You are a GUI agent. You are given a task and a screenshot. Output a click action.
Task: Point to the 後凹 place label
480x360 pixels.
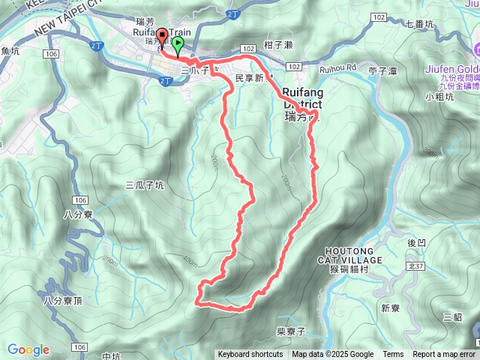click(x=416, y=243)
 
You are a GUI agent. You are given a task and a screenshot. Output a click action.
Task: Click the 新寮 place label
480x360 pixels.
click(x=390, y=308)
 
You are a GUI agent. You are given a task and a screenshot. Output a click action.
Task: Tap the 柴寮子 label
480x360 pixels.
click(x=289, y=330)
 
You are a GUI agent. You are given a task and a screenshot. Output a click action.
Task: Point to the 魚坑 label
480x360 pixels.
click(x=10, y=51)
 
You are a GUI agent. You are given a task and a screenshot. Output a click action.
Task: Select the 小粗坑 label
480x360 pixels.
click(x=439, y=96)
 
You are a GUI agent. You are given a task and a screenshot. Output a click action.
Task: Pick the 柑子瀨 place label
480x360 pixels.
click(x=278, y=45)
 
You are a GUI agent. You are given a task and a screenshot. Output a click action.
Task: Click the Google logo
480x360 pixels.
click(x=28, y=349)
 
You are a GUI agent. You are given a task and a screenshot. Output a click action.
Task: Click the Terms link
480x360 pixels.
click(x=393, y=355)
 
